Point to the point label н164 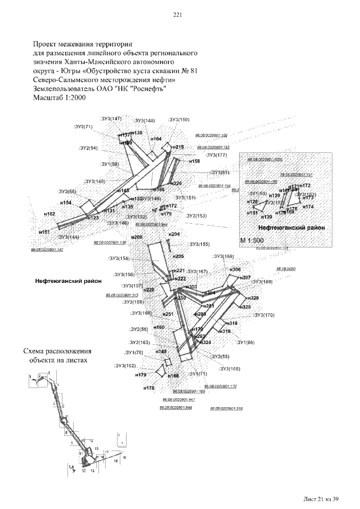[x=156, y=138]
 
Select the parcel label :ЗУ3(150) [x=179, y=120]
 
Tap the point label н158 [x=194, y=161]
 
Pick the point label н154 [x=66, y=202]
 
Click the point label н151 [x=44, y=232]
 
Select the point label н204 [x=174, y=233]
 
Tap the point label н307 [x=245, y=278]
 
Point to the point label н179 [x=141, y=375]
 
